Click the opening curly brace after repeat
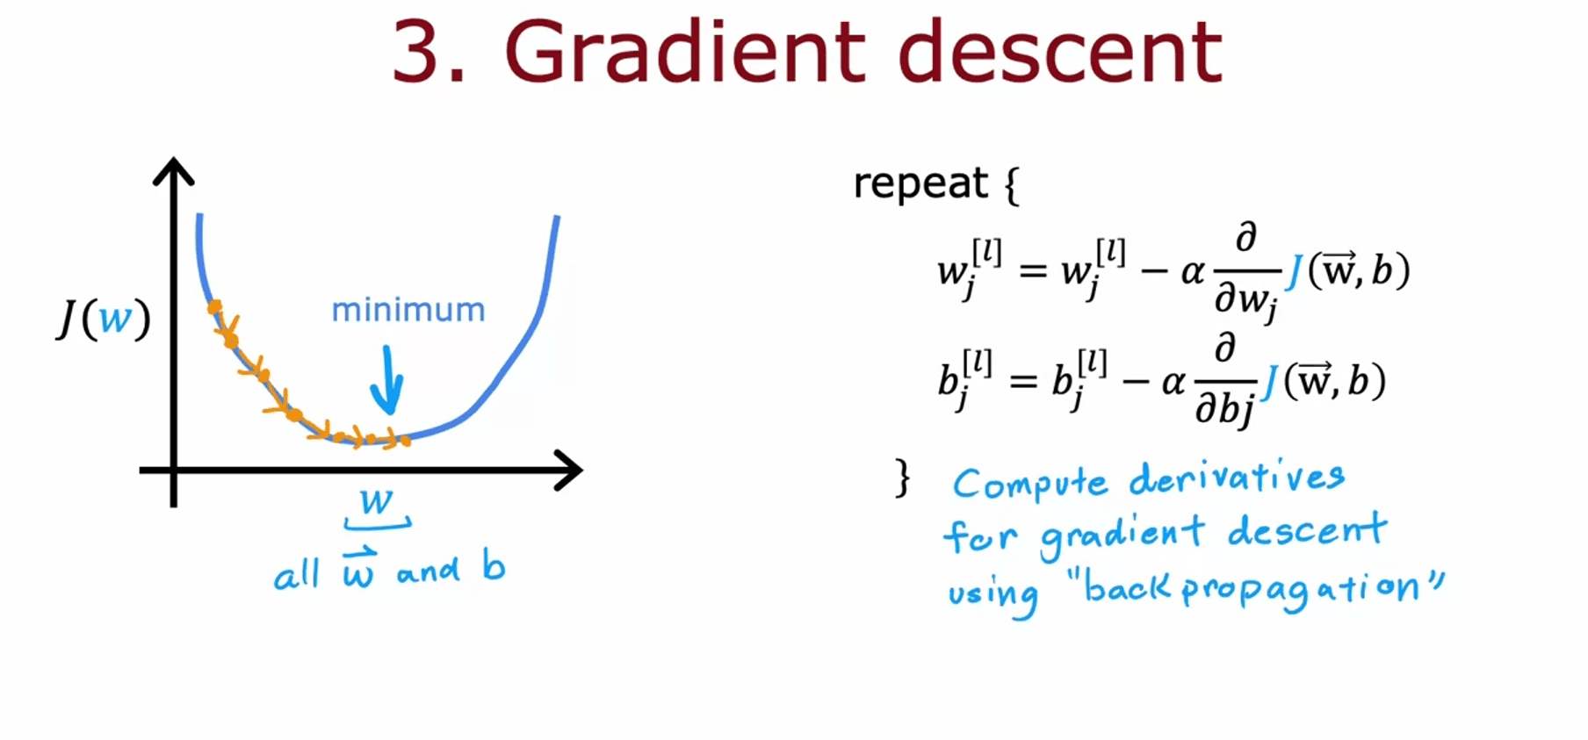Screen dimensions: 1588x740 click(x=1012, y=185)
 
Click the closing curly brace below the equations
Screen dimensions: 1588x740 click(x=902, y=478)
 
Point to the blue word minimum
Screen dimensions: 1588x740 click(x=408, y=310)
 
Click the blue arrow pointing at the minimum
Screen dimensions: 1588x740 click(x=386, y=379)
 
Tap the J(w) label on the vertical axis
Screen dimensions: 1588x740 click(x=104, y=318)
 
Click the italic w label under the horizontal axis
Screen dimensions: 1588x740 click(x=377, y=501)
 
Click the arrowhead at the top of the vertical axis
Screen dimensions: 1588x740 click(x=174, y=171)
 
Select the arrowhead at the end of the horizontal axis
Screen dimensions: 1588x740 click(x=568, y=471)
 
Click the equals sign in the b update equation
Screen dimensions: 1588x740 click(x=1023, y=382)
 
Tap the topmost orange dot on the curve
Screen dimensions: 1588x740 click(x=213, y=306)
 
